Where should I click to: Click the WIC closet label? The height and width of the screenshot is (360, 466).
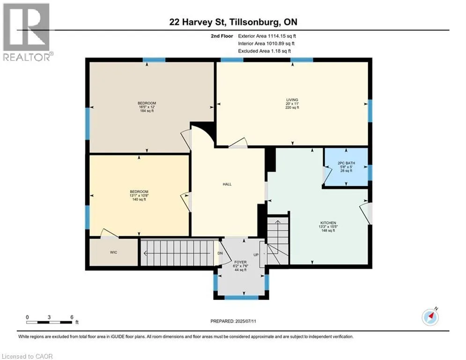[113, 252]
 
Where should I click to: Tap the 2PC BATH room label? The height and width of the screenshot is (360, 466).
[346, 163]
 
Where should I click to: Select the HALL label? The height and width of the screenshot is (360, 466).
[227, 184]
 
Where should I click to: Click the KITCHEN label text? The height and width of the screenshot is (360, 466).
[328, 223]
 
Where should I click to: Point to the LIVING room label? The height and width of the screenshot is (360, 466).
[292, 100]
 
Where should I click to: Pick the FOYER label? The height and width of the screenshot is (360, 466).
[240, 262]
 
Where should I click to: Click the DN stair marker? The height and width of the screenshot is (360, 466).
[220, 254]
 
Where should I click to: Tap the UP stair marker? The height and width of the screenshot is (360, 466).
[256, 255]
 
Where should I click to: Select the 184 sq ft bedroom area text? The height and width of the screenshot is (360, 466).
[147, 111]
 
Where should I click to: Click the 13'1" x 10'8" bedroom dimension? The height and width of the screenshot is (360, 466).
[139, 195]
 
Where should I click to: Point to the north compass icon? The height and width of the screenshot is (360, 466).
[430, 317]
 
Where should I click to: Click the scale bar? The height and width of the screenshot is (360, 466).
[49, 322]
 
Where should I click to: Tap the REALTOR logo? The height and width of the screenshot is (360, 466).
[27, 32]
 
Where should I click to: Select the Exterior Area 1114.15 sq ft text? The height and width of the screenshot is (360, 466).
[267, 36]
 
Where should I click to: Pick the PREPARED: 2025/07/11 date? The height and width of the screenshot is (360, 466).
[233, 321]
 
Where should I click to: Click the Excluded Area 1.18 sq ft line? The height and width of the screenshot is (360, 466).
[264, 51]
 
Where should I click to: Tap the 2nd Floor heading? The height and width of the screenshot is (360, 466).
[222, 36]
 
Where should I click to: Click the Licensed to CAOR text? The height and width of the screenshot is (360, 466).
[27, 356]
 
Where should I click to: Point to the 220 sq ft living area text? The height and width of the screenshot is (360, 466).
[292, 107]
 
